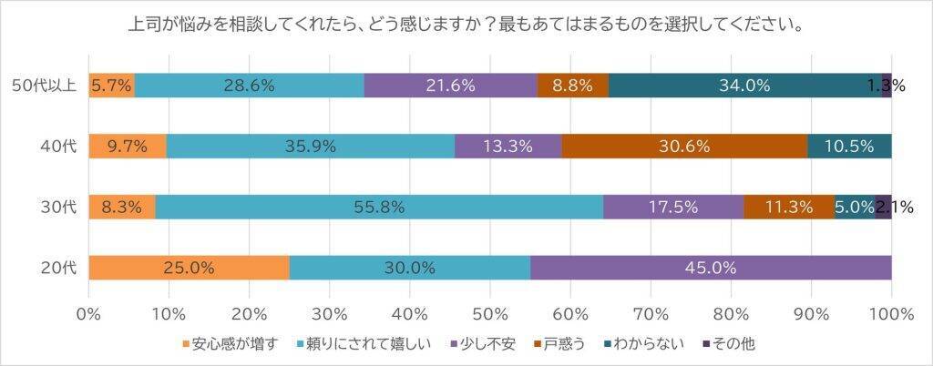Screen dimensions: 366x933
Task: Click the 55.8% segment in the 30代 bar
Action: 379,207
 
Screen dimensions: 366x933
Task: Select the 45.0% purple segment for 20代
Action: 711,268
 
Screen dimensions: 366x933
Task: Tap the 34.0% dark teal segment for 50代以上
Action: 744,86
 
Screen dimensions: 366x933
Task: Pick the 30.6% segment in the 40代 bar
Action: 684,146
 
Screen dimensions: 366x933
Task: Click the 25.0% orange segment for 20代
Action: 189,268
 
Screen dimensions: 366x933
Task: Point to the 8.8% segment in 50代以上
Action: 572,86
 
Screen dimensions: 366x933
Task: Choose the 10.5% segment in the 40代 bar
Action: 849,146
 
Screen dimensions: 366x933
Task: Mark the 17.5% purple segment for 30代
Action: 673,207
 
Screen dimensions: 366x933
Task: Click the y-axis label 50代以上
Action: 44,86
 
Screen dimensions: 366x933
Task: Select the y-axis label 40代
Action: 58,146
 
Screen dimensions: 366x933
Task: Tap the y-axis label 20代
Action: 58,268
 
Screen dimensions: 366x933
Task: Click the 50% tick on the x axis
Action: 490,314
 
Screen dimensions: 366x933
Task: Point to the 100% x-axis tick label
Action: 891,314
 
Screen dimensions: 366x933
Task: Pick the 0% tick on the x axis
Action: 88,314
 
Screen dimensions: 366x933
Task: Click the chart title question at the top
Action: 466,25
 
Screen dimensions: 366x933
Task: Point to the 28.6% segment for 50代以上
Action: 249,86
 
